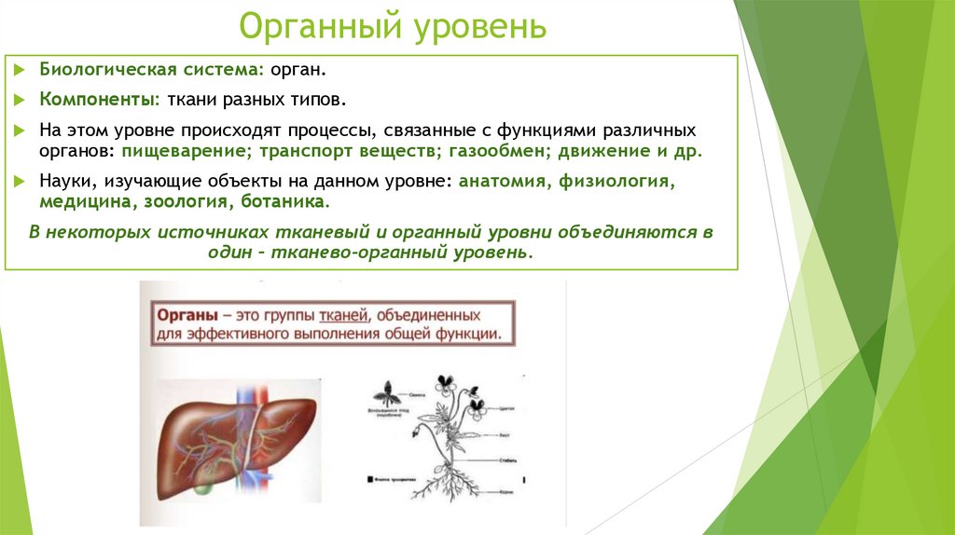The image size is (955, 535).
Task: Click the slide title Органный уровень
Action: [x=392, y=26]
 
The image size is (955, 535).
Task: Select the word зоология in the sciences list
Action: [x=192, y=201]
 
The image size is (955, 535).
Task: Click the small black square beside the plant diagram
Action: [x=370, y=479]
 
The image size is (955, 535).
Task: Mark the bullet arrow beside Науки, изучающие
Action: [x=21, y=181]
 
